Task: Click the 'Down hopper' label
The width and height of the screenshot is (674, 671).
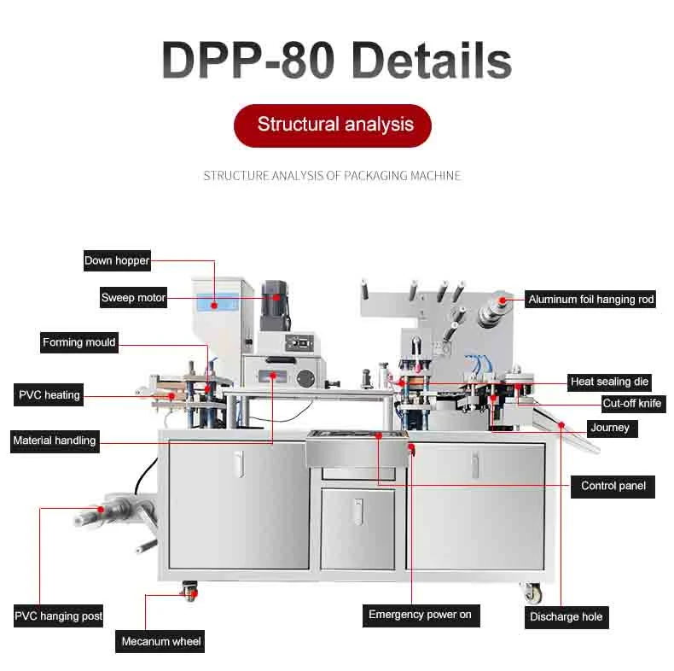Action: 117,260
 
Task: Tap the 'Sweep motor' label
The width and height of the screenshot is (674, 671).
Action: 133,298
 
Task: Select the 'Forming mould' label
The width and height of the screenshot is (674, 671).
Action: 78,342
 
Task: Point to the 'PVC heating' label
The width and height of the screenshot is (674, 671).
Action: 49,395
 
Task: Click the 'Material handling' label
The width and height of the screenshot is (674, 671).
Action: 55,441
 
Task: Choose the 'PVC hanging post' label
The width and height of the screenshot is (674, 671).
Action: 58,616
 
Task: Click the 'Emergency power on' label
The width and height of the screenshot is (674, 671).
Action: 420,615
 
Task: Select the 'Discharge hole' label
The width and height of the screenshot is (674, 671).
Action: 566,616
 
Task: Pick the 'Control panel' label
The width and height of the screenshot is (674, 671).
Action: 613,486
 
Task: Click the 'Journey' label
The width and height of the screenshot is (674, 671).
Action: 609,428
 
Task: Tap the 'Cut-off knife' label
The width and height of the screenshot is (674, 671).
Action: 631,403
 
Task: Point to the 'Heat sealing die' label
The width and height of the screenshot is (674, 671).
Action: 610,382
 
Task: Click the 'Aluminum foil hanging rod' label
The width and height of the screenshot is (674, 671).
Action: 591,300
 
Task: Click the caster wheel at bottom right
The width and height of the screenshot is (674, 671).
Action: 532,591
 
